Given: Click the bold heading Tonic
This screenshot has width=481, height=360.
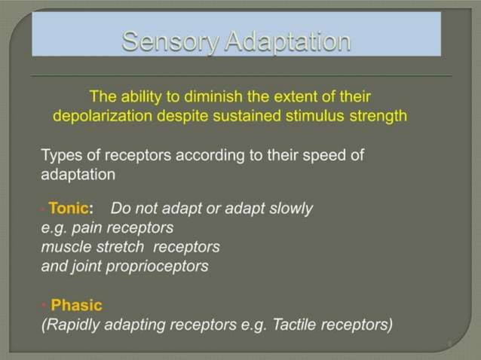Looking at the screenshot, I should point(69,209).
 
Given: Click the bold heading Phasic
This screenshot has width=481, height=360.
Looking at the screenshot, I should point(76,306).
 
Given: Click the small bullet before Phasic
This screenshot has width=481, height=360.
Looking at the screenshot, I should point(44,306).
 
